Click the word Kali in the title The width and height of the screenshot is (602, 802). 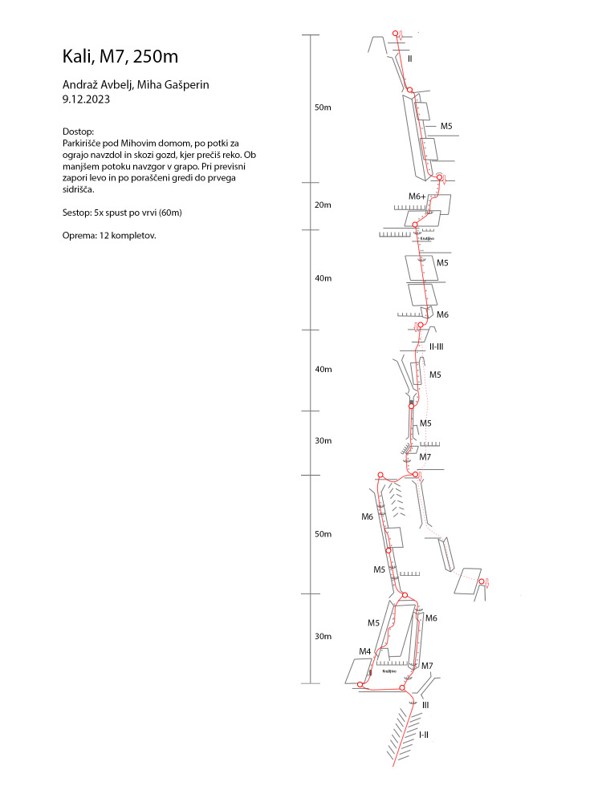(77, 57)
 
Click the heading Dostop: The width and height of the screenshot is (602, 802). (78, 131)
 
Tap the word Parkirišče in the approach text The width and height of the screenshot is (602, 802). (83, 143)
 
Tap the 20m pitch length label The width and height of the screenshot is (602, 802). (323, 205)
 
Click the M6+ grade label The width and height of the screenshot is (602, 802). (417, 196)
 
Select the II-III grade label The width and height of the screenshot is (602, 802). (437, 346)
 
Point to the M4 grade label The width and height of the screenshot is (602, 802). (364, 651)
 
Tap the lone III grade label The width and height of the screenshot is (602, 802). (425, 705)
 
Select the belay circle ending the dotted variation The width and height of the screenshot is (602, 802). (482, 581)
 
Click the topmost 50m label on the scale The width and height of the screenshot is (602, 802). (323, 107)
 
